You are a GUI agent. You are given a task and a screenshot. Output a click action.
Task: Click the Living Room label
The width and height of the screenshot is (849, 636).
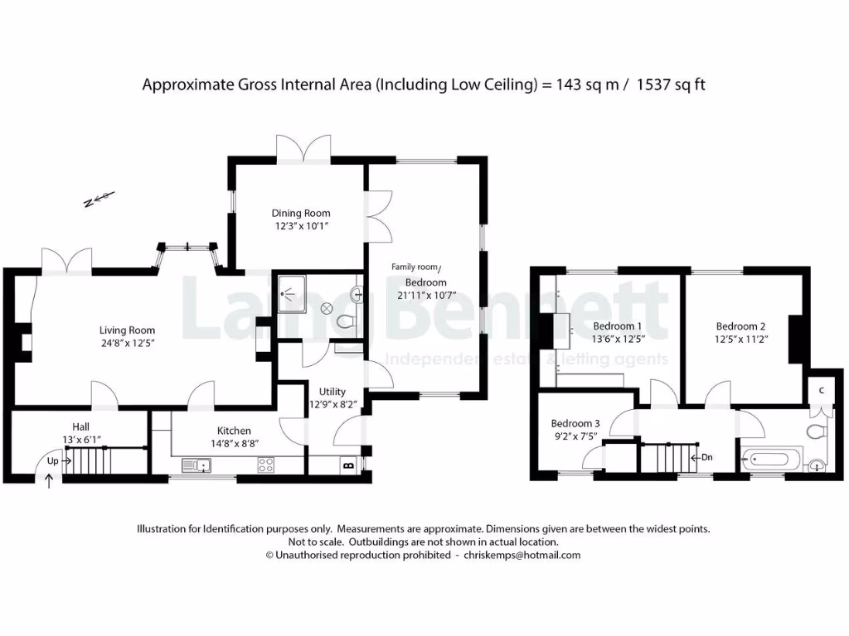click(x=128, y=330)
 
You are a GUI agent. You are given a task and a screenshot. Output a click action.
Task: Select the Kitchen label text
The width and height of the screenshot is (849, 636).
click(x=234, y=431)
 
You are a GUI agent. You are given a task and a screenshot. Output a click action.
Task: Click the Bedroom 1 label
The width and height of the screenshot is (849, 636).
click(x=618, y=325)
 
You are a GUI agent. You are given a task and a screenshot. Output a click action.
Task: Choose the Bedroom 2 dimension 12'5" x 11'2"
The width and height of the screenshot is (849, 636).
click(x=740, y=339)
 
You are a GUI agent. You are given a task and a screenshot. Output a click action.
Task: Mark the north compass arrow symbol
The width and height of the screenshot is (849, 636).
click(x=99, y=200)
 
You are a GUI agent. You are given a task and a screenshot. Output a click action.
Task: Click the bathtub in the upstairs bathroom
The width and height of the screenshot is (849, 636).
click(x=772, y=457)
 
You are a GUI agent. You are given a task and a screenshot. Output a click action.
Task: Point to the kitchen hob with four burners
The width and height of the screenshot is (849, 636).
click(x=266, y=465)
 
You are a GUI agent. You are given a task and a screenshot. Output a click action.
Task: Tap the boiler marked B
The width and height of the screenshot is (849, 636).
click(x=346, y=467)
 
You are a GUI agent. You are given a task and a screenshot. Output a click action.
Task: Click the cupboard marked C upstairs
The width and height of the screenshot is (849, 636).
click(x=821, y=390)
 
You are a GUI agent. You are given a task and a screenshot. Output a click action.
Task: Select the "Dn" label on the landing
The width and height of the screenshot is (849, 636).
click(x=706, y=456)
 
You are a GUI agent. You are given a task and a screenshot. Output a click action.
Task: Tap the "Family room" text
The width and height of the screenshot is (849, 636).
click(x=415, y=267)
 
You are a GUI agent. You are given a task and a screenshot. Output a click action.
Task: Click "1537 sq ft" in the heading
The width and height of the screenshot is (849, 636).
click(x=671, y=84)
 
